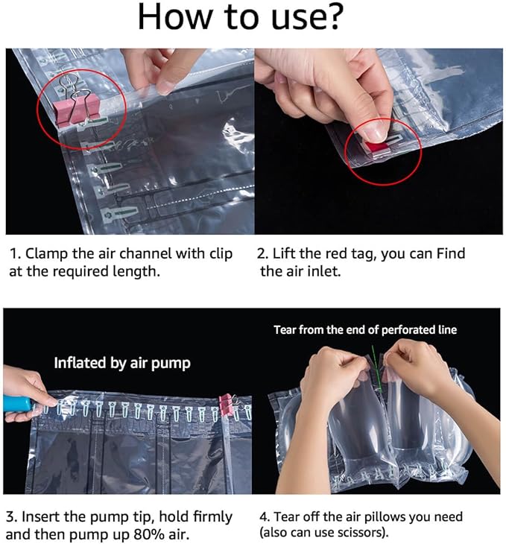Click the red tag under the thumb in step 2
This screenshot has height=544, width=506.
pyautogui.click(x=378, y=145)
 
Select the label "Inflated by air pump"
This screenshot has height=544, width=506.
pyautogui.click(x=122, y=363)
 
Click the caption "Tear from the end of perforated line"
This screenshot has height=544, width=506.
pyautogui.click(x=365, y=329)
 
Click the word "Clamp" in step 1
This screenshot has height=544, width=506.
pyautogui.click(x=48, y=253)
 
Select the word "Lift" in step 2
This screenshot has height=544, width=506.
pyautogui.click(x=288, y=253)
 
